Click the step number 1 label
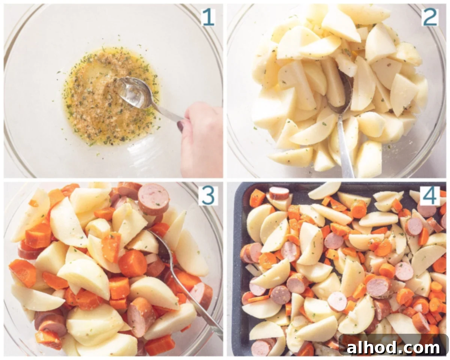(x=208, y=17)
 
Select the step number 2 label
(x=429, y=17)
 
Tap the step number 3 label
(x=208, y=196)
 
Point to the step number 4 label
(x=430, y=196)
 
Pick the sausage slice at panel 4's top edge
(x=279, y=193)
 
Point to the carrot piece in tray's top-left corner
(x=258, y=198)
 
